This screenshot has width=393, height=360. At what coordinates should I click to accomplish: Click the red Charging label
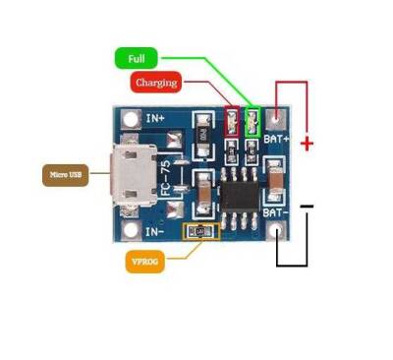(157, 83)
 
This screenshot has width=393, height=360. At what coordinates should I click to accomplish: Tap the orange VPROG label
(144, 262)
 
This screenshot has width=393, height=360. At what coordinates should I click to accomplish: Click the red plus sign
(307, 144)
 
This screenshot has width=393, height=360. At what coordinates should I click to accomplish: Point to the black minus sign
(308, 207)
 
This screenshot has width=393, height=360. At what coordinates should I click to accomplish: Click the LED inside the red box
(233, 121)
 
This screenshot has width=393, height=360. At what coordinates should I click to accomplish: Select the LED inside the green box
(252, 121)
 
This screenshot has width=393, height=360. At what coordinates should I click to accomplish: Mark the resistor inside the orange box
(201, 231)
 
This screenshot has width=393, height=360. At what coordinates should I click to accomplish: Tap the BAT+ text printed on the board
(276, 141)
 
